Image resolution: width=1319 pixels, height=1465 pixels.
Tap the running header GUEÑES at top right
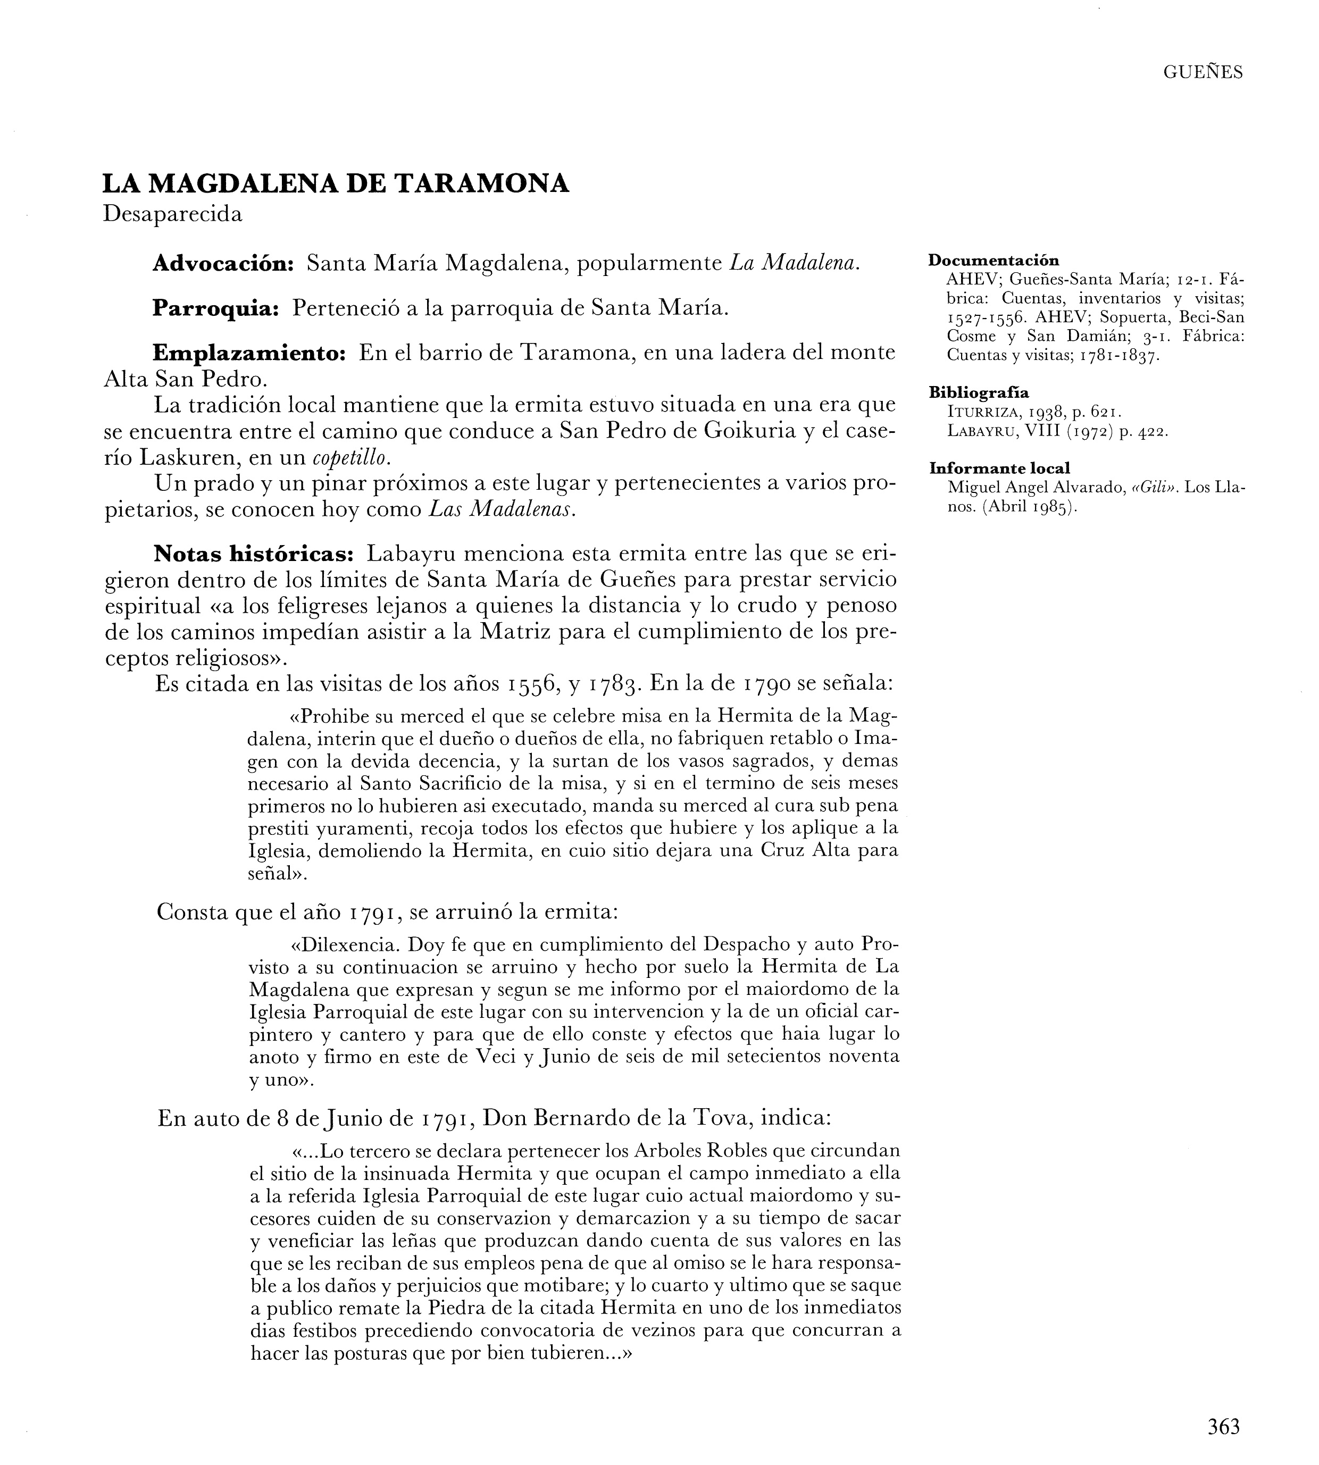(x=1203, y=72)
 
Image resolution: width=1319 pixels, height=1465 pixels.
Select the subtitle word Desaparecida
(x=172, y=214)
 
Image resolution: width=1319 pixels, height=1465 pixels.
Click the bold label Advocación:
(x=222, y=264)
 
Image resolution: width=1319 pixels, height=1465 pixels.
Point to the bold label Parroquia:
(x=216, y=308)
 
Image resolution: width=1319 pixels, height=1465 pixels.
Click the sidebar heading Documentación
(x=994, y=260)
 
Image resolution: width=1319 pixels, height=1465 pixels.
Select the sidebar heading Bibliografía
(x=979, y=392)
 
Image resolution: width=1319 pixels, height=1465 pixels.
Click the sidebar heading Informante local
(x=999, y=468)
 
